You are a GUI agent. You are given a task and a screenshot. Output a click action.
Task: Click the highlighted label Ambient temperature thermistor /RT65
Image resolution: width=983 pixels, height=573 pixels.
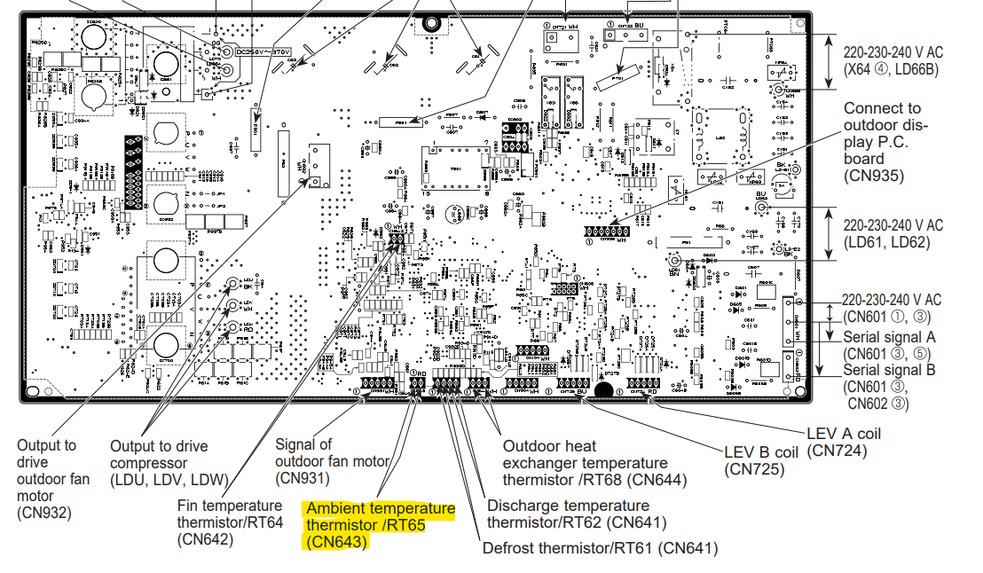click(380, 524)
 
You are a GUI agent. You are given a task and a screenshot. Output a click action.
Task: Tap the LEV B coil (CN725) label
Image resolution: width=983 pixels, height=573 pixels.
click(761, 459)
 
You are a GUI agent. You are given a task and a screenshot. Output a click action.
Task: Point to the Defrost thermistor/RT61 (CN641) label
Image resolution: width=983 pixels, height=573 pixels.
click(600, 548)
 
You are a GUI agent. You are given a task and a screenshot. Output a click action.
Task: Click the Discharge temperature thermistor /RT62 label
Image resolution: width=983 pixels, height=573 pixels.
click(577, 514)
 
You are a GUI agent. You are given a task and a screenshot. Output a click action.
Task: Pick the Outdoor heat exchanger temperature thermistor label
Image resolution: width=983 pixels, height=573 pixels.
click(585, 463)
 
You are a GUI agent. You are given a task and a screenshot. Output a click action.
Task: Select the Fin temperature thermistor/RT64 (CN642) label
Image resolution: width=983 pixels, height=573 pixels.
click(230, 522)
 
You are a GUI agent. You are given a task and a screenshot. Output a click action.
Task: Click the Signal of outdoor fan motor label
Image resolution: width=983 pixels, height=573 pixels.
click(332, 460)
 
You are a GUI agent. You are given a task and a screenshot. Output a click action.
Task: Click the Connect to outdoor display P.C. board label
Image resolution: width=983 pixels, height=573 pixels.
click(887, 142)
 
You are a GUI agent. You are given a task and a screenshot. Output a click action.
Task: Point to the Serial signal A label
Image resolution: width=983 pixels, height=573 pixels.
click(889, 337)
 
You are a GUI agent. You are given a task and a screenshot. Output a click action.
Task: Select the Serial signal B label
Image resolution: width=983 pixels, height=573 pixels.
click(889, 370)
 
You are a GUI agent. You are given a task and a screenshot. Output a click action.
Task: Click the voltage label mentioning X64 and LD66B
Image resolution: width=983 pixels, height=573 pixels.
click(893, 60)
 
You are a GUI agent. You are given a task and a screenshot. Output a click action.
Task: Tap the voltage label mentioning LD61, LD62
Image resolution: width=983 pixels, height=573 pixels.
click(893, 234)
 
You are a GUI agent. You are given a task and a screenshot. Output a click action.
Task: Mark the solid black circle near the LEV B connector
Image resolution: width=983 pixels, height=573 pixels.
click(603, 389)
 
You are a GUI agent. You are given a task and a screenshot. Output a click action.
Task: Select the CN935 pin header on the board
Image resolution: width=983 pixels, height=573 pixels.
click(604, 232)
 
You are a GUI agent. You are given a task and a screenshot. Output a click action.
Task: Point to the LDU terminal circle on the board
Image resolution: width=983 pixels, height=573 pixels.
click(233, 285)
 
